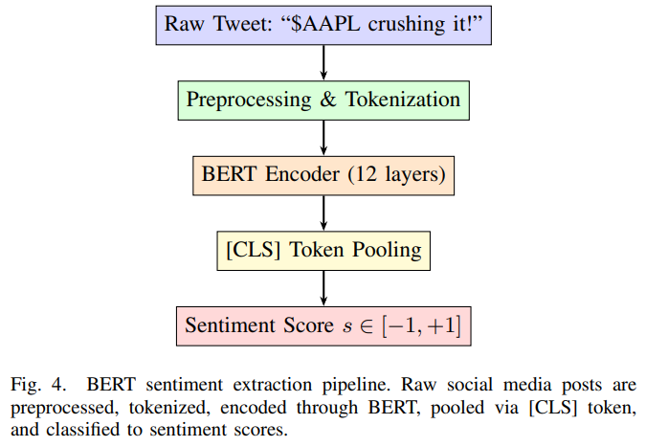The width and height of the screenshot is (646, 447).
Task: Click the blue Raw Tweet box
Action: point(323,25)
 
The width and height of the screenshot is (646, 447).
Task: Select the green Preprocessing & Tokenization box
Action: point(323,101)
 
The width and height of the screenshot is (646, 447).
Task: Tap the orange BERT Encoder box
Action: point(323,175)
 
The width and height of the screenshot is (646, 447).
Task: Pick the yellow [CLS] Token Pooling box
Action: point(323,251)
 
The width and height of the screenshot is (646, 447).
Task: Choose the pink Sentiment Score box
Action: point(323,326)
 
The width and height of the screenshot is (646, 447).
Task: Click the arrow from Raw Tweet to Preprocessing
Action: point(323,62)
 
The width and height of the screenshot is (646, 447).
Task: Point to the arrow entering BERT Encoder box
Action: point(323,138)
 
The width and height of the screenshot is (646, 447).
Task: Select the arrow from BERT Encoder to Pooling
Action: point(323,213)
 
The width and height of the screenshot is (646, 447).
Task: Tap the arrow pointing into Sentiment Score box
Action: point(323,288)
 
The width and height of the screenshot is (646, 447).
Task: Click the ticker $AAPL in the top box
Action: point(325,24)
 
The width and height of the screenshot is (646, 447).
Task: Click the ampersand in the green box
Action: point(328,100)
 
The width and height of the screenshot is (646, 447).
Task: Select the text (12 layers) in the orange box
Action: point(397,174)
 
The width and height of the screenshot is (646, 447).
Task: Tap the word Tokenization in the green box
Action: point(403,100)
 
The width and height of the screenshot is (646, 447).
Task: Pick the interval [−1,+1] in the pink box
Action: point(421,325)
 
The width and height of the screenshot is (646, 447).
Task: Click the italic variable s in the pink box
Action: point(347,326)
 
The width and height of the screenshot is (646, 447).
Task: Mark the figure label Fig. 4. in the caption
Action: point(38,385)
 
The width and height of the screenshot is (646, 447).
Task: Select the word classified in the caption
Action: point(82,430)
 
